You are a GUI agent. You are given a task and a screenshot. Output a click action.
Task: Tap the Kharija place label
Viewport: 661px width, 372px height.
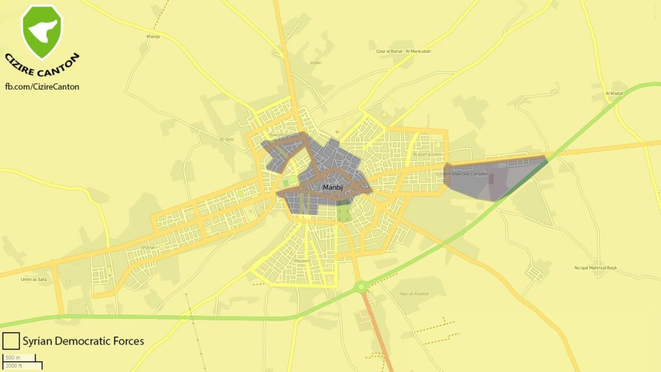(152, 37)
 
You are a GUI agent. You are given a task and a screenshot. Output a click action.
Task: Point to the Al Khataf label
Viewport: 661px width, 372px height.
(615, 94)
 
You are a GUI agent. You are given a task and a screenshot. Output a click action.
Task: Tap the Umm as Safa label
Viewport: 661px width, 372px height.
(34, 279)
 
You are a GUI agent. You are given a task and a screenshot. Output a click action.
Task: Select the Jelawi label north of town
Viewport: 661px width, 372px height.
(316, 63)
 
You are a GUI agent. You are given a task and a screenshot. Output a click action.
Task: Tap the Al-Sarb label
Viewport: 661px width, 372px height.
(227, 139)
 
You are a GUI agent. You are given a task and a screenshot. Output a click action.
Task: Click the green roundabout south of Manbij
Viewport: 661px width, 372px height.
(360, 285)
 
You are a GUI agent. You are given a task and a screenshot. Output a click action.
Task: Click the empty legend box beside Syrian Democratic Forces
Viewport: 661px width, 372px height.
(10, 341)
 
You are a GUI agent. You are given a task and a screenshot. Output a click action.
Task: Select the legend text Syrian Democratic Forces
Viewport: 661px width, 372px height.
(83, 341)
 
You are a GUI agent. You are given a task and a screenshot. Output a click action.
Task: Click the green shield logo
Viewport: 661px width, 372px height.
(42, 30)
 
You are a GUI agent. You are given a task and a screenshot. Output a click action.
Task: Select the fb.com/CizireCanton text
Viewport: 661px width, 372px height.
(42, 87)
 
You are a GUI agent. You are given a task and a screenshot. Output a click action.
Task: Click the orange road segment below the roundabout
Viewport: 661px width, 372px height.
(376, 329)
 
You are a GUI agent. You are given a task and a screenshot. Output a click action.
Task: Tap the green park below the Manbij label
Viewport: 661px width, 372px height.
(345, 212)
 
